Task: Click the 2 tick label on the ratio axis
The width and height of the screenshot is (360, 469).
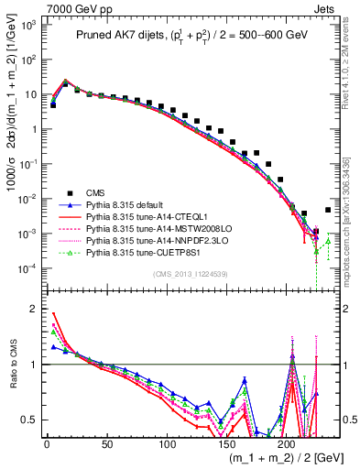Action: pos(37,308)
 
